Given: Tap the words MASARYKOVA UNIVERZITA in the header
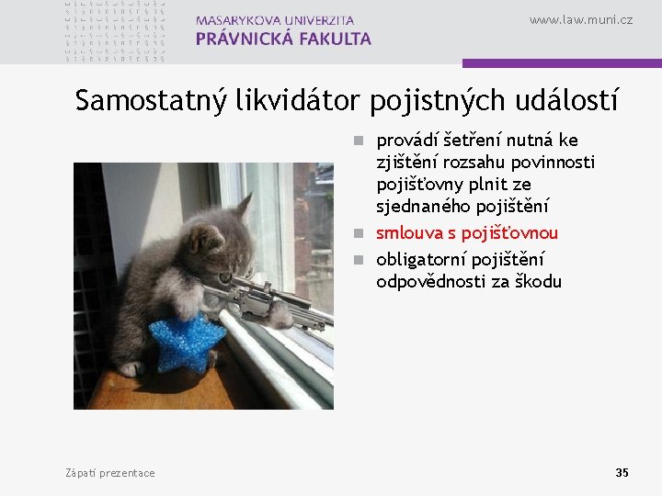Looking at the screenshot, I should coord(275,19).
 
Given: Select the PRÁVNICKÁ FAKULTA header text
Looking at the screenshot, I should coord(283,39).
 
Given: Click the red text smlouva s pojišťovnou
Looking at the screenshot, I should coord(466,233).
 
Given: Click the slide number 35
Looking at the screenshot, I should coord(622,472).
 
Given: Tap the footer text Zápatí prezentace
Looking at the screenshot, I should coord(110,473).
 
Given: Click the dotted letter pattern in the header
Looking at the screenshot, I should coord(115,31).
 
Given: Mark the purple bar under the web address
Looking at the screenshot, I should coord(562,63).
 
